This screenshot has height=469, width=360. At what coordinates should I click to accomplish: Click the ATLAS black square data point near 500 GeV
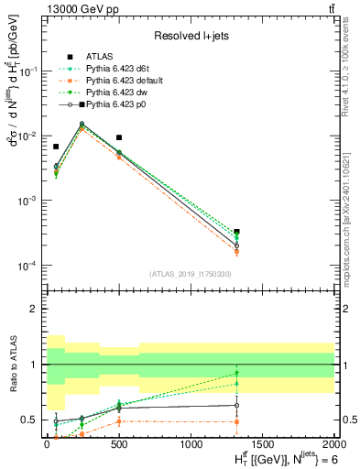tap(119, 137)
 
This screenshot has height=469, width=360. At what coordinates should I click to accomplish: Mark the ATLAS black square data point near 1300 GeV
tap(237, 232)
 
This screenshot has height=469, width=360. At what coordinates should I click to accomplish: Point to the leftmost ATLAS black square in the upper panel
tap(56, 147)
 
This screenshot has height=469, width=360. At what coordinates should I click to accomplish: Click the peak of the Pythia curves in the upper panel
tap(82, 125)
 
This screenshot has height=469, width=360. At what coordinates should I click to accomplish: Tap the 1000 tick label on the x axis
tap(191, 444)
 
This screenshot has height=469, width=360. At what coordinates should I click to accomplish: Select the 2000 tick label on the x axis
tap(333, 444)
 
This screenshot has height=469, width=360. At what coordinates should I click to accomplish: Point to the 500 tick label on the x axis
tap(119, 444)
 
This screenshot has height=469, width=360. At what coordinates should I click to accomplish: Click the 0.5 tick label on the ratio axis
tap(30, 420)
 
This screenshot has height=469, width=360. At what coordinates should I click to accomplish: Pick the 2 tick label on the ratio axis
tap(36, 309)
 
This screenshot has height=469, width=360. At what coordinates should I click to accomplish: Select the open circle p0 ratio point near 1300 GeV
tap(237, 405)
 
